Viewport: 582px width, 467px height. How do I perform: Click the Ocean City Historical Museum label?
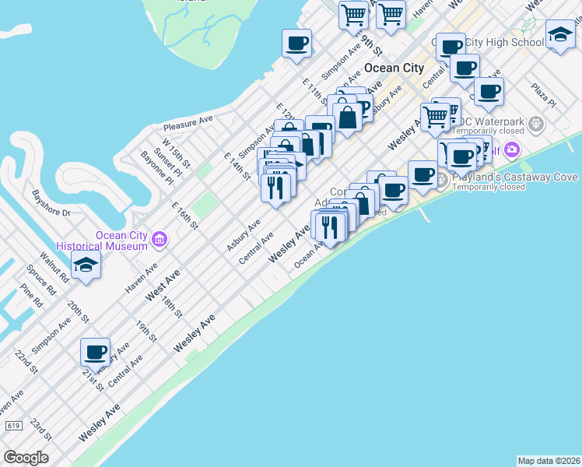[x=121, y=241]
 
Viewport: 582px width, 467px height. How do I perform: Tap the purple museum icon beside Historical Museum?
[x=160, y=237]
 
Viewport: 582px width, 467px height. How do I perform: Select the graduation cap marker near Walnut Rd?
[x=86, y=265]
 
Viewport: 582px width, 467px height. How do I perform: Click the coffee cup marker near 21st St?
[x=95, y=352]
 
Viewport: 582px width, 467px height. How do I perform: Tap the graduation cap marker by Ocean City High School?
[x=559, y=35]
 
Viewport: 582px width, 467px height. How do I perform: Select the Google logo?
[x=26, y=458]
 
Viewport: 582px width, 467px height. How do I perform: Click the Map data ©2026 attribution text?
[x=549, y=461]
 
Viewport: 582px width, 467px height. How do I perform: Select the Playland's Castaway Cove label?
[x=511, y=177]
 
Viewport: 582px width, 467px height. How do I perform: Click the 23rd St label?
[x=40, y=430]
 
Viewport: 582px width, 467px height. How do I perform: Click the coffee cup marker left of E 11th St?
[x=296, y=44]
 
